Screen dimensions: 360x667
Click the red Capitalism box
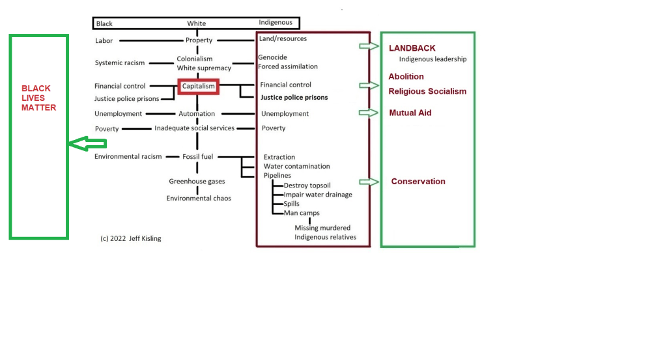[198, 86]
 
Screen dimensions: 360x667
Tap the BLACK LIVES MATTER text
[39, 98]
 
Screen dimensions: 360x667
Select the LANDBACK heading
[412, 48]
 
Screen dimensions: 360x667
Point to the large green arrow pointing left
[87, 144]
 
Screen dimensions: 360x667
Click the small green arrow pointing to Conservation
[369, 182]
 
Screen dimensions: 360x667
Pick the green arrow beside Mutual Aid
[369, 113]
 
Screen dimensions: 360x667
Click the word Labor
[104, 40]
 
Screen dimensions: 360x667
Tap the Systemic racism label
[120, 63]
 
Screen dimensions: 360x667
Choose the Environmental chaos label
[199, 198]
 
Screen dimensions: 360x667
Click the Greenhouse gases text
[197, 182]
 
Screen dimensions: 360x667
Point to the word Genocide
[272, 57]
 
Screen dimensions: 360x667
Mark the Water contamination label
[296, 166]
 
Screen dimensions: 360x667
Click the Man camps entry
[302, 213]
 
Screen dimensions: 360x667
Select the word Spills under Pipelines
[292, 204]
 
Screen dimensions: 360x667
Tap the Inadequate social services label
[194, 128]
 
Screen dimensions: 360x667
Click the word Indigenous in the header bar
[276, 23]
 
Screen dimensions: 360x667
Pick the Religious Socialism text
[427, 92]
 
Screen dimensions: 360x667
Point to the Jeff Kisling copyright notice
[130, 238]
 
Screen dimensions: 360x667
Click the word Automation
[197, 114]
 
